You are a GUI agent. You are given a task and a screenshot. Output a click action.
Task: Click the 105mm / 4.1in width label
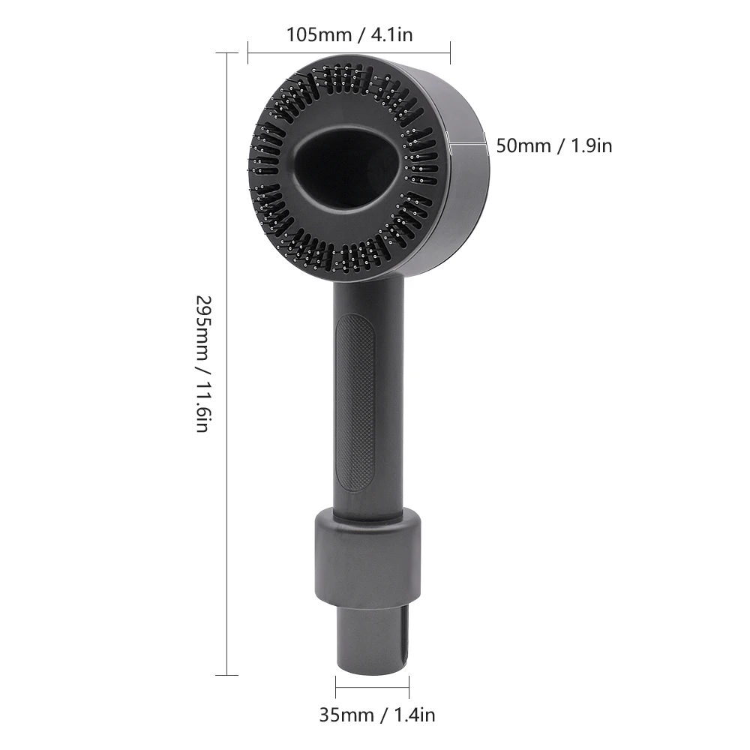[x=349, y=34]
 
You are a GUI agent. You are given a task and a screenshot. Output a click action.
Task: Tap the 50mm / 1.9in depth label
[x=553, y=145]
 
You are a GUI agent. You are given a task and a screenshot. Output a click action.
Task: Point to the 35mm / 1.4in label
[x=376, y=715]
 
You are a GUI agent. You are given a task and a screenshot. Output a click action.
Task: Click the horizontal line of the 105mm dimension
[x=349, y=52]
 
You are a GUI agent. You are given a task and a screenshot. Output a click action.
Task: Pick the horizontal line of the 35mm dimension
[x=372, y=686]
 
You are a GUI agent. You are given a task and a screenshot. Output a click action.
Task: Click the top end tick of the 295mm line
[x=226, y=53]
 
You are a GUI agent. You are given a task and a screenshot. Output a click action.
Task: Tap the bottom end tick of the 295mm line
[x=226, y=675]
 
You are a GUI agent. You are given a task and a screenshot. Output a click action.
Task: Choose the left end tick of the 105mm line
[x=248, y=52]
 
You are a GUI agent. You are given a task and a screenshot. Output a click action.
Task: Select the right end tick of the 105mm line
[x=450, y=52]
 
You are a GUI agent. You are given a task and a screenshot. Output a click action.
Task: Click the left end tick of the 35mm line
[x=336, y=686]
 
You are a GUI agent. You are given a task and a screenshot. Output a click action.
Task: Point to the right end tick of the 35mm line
[x=409, y=686]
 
